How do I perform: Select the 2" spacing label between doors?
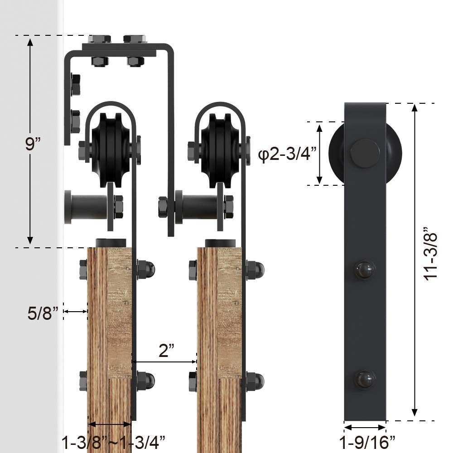click(x=166, y=350)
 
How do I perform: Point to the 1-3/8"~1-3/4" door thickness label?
click(x=113, y=440)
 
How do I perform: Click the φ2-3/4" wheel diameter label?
click(x=286, y=155)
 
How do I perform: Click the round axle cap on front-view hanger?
click(x=365, y=153)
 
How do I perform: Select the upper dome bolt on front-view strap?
click(x=365, y=270)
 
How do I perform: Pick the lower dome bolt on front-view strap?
click(x=365, y=378)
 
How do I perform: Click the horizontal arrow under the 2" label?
click(x=165, y=361)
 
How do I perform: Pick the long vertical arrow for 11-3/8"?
click(x=414, y=260)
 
